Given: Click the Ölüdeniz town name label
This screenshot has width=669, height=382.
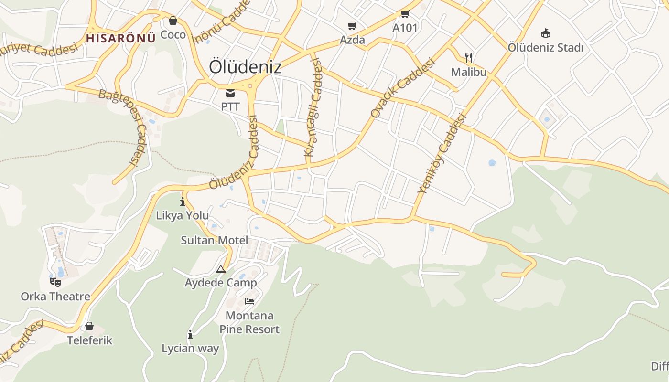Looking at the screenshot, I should click(x=245, y=67).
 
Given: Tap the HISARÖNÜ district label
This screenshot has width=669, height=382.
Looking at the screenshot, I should click(x=121, y=39).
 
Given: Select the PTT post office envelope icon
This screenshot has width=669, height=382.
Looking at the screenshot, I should click(x=230, y=93).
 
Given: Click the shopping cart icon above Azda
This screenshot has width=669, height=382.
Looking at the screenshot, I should click(x=352, y=26).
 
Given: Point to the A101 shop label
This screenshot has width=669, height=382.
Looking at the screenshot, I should click(x=405, y=28).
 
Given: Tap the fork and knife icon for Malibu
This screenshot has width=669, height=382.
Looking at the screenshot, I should click(x=469, y=58).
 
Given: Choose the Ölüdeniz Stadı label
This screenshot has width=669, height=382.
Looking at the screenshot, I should click(x=545, y=48).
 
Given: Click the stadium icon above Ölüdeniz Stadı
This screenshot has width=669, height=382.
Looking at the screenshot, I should click(x=545, y=33).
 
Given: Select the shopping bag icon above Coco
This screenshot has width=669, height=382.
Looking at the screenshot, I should click(x=173, y=21).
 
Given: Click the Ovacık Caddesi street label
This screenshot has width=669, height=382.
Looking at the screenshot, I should click(x=403, y=88).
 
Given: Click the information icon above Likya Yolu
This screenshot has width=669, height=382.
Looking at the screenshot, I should click(x=183, y=202).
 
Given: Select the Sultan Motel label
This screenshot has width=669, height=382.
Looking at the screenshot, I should click(x=214, y=240).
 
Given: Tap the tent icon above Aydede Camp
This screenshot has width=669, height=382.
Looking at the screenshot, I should click(x=220, y=269).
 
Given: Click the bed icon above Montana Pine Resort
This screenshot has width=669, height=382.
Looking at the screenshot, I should click(x=249, y=301).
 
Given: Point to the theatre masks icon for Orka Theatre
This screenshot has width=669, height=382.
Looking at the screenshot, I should click(x=55, y=282).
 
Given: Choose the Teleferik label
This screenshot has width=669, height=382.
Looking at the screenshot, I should click(x=90, y=340).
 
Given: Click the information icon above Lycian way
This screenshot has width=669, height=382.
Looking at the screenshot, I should click(x=190, y=334).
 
